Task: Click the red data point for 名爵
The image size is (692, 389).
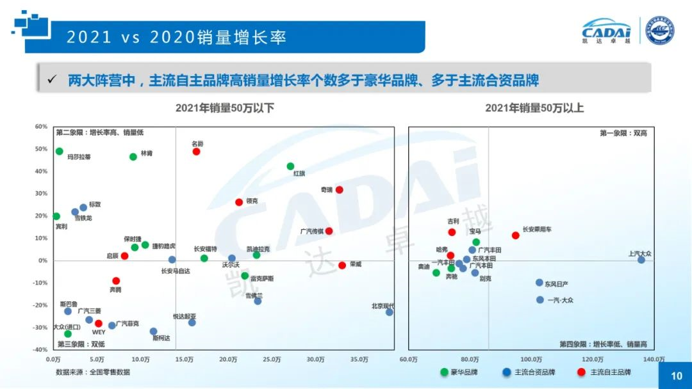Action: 196,152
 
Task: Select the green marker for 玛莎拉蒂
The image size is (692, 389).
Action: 60,152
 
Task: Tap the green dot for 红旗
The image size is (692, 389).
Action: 290,166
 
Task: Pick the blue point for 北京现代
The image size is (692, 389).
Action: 389,312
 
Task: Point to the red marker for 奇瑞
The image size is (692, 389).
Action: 339,190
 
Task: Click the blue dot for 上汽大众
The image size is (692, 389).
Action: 641,260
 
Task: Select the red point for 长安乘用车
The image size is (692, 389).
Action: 515,235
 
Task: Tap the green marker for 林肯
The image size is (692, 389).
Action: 133,157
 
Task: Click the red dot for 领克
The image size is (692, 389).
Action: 239,202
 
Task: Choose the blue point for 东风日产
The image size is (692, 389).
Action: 540,283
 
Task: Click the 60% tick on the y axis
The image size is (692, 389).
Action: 41,127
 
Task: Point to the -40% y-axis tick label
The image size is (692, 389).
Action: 40,350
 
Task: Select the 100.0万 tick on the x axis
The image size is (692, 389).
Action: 531,360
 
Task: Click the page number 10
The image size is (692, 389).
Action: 677,376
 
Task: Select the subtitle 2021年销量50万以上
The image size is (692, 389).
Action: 534,108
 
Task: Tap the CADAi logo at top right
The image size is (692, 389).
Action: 606,30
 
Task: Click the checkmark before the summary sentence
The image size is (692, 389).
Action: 53,80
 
